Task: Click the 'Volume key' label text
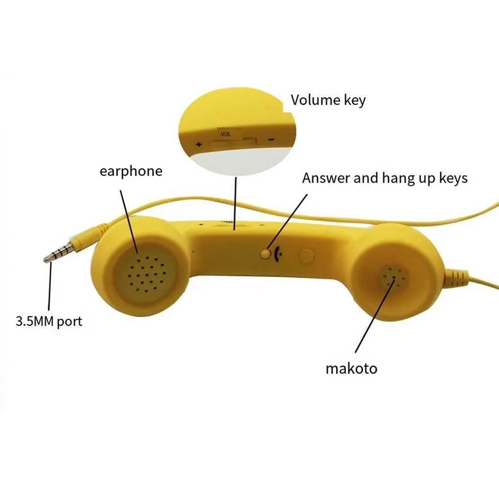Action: (x=328, y=100)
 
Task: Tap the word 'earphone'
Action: (x=131, y=171)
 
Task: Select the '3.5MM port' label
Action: (x=49, y=321)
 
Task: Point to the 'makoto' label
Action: (x=351, y=368)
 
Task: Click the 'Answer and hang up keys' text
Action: (x=385, y=178)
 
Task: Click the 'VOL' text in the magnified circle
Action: (x=226, y=134)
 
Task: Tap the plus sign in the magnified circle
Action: (x=199, y=144)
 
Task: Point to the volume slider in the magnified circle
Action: (x=234, y=142)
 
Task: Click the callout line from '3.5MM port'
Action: (x=49, y=289)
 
